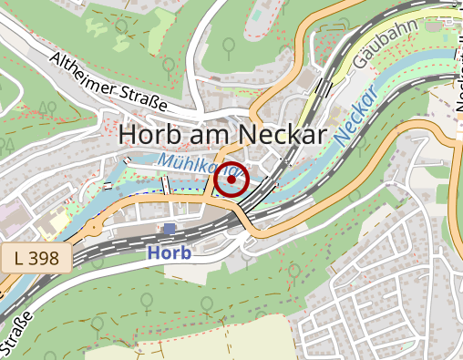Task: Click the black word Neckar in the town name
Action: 282,134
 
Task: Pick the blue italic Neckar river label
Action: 355,118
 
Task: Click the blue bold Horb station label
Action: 169,252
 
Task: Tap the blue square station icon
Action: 170,229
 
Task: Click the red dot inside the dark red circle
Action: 233,180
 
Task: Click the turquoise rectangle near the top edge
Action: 256,16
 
